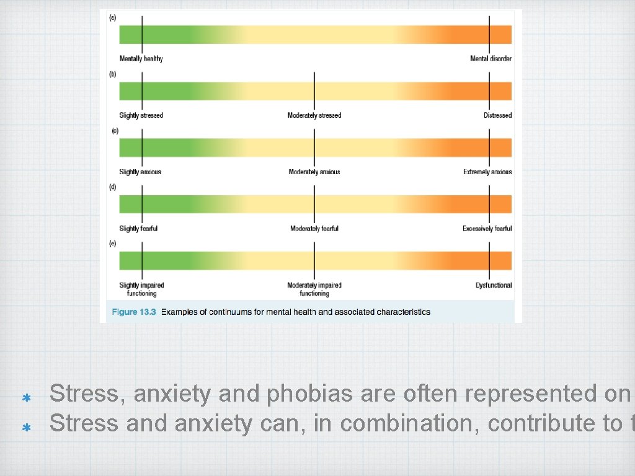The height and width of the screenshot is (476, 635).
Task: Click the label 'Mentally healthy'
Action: point(141,59)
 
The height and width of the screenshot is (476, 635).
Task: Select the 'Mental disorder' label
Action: point(491,59)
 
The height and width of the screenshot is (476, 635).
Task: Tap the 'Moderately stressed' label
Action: point(314,115)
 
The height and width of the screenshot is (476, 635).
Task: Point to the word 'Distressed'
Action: point(497,115)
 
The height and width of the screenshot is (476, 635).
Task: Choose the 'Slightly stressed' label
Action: point(141,115)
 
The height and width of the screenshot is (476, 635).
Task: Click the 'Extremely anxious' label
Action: point(487,172)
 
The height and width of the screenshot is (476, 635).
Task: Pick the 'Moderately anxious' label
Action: point(314,172)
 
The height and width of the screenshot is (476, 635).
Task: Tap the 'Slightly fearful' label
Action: point(138,229)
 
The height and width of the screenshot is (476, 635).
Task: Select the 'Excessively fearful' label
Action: point(487,229)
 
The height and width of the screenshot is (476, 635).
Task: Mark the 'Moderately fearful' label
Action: point(314,229)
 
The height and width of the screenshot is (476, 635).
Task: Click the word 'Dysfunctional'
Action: point(494,285)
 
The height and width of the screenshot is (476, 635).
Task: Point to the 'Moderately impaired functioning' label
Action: point(314,289)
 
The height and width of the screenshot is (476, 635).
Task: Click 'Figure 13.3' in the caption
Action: point(133,312)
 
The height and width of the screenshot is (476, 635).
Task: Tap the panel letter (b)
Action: point(112,74)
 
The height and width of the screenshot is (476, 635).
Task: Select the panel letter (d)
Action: point(112,187)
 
